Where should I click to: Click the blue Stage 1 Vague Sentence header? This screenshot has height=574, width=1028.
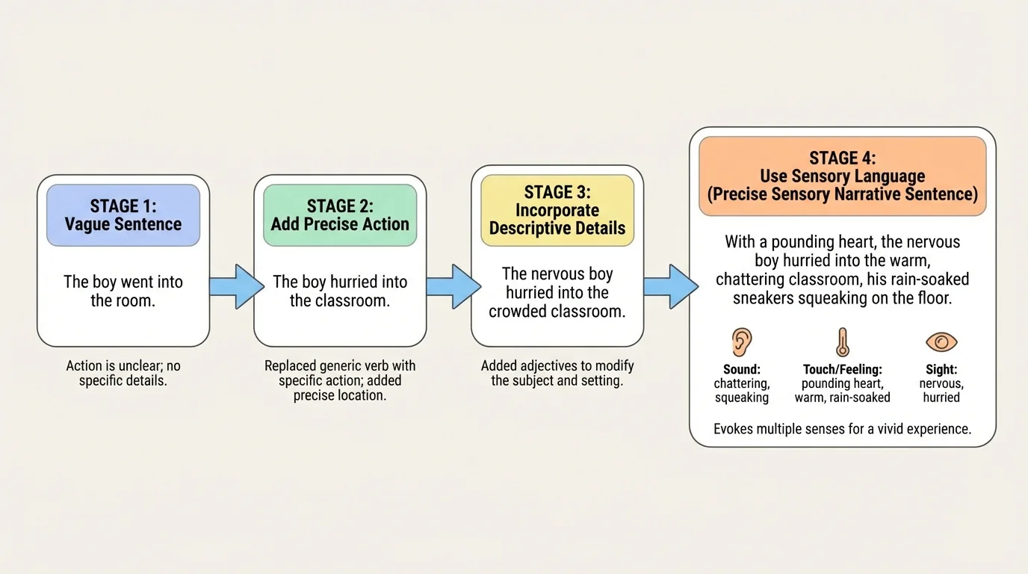pos(123,215)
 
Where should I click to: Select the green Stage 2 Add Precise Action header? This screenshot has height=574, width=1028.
pos(340,215)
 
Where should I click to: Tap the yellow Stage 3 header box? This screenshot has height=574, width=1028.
pos(557,210)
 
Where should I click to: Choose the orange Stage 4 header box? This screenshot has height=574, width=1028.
pos(842,176)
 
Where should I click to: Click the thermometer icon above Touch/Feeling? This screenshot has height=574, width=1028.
pos(842,342)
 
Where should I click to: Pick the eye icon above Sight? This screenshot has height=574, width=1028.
pos(941,342)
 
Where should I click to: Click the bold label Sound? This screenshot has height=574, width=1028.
pos(742,369)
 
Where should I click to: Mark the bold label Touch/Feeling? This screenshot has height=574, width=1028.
pos(842,369)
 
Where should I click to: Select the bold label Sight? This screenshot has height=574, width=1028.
pos(941,369)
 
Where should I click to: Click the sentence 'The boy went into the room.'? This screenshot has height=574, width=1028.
pos(123,291)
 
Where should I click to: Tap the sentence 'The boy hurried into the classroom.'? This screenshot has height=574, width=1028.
pos(340,291)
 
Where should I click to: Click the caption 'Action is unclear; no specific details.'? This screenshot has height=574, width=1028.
pos(123,374)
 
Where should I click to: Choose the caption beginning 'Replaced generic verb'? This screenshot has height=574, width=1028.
pos(340,380)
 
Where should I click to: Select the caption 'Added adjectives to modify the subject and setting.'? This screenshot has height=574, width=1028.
pos(557,374)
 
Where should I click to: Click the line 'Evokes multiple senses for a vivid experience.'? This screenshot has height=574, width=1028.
pos(842,429)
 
